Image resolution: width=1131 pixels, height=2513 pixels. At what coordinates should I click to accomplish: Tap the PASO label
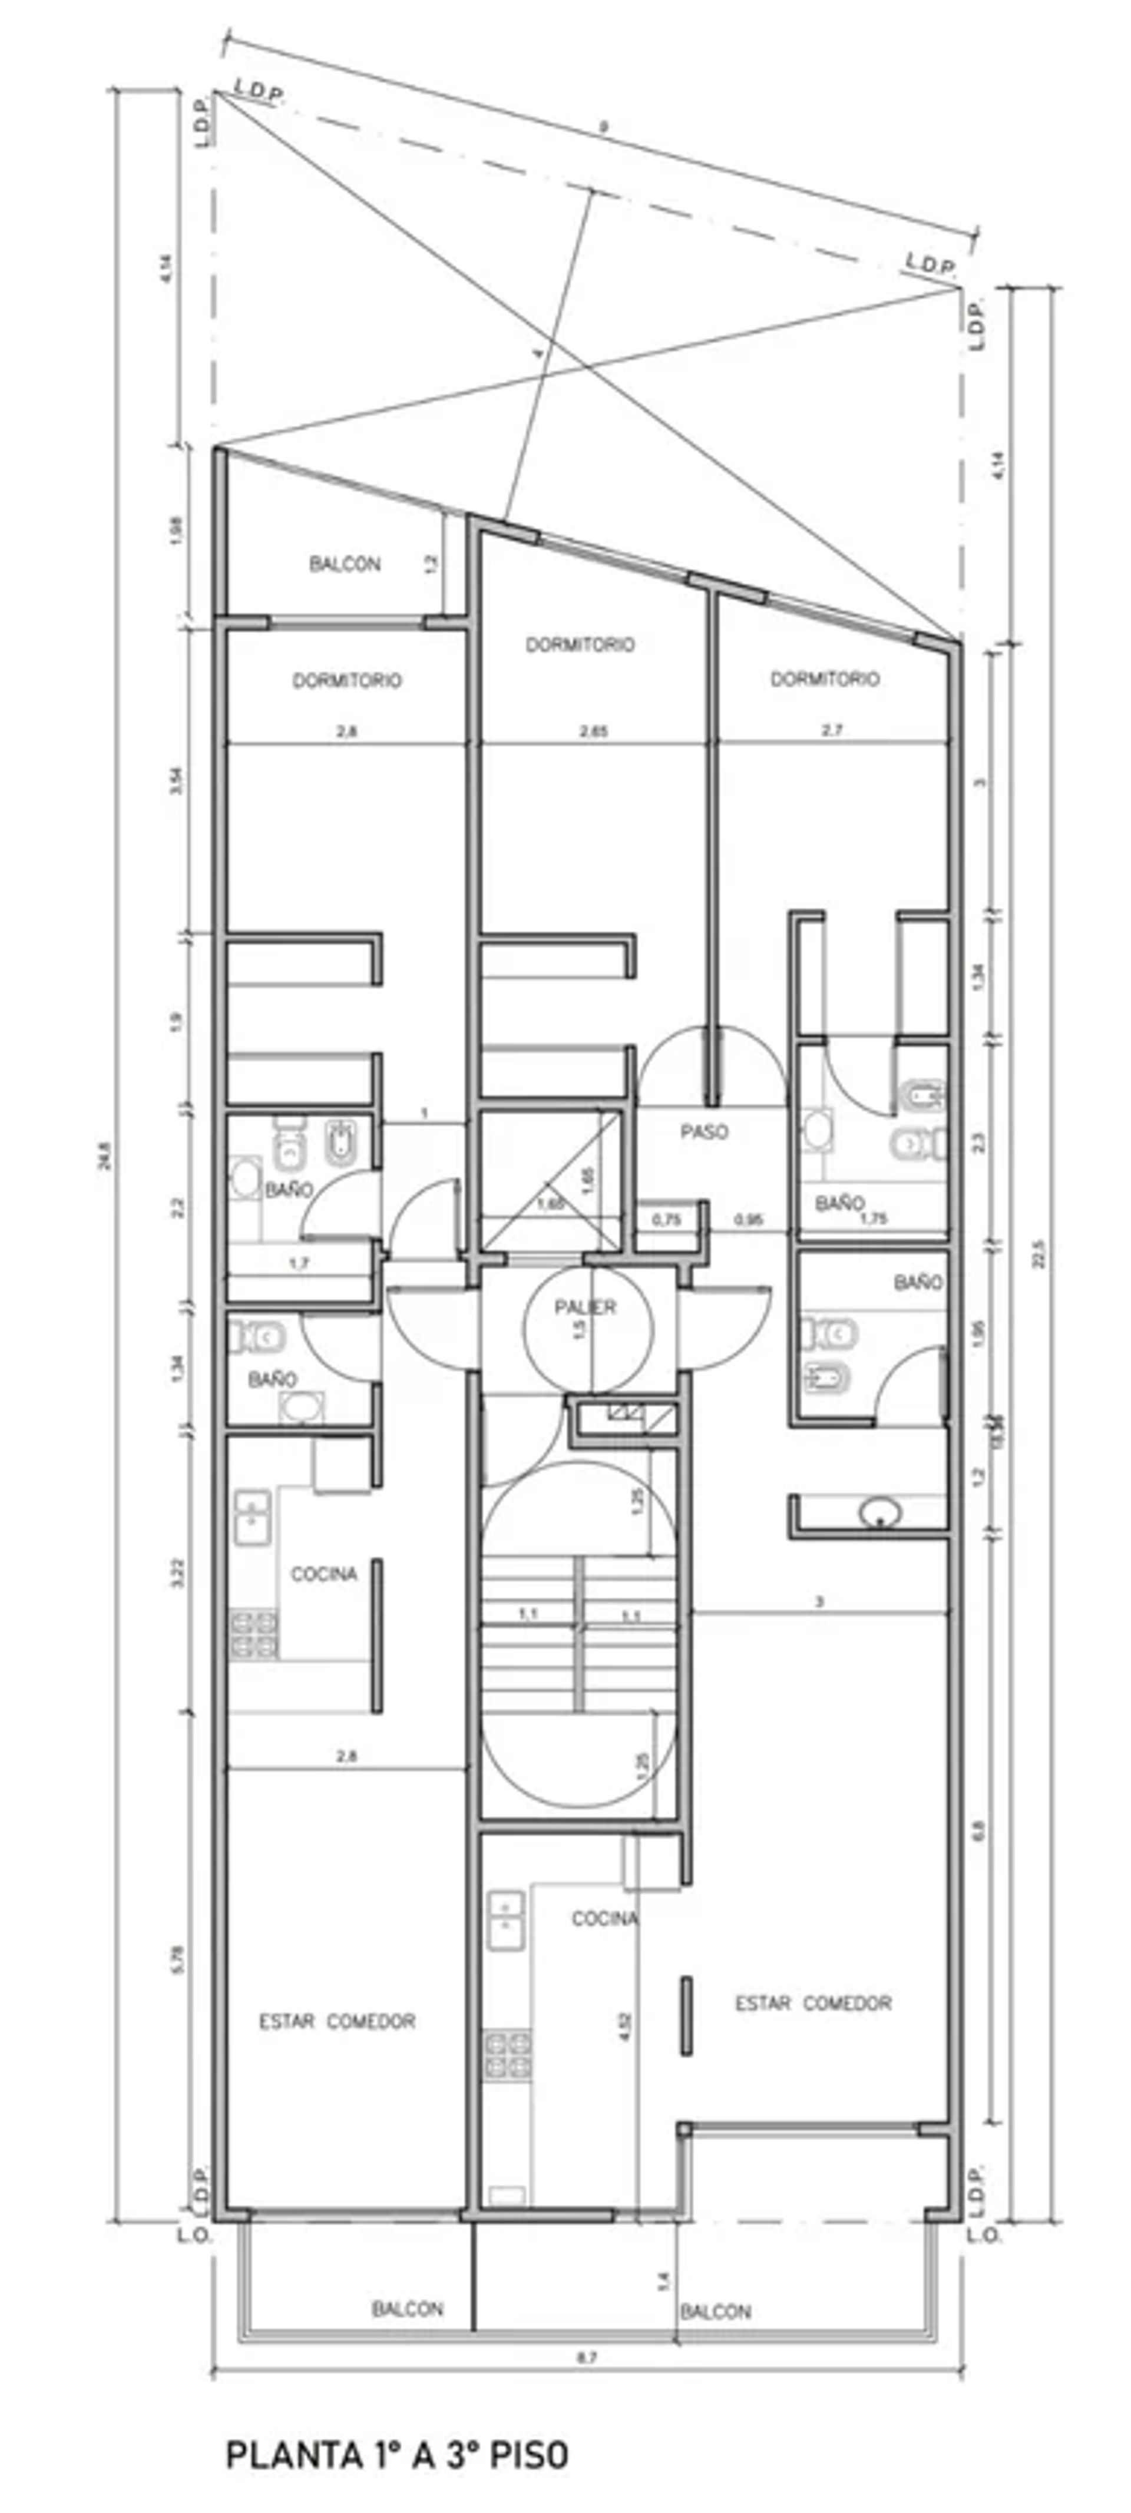[703, 1131]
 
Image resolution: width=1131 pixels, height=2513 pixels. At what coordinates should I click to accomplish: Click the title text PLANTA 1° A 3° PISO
[396, 2455]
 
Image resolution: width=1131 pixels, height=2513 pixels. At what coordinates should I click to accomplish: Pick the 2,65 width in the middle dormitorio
[593, 731]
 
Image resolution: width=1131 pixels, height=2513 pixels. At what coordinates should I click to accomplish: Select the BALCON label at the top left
[345, 564]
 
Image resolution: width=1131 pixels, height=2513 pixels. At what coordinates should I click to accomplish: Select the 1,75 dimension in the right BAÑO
[874, 1217]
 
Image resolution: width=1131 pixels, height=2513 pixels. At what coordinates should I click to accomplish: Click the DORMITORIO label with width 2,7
[825, 679]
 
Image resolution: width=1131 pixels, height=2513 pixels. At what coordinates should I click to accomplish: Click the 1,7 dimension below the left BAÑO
[299, 1263]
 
